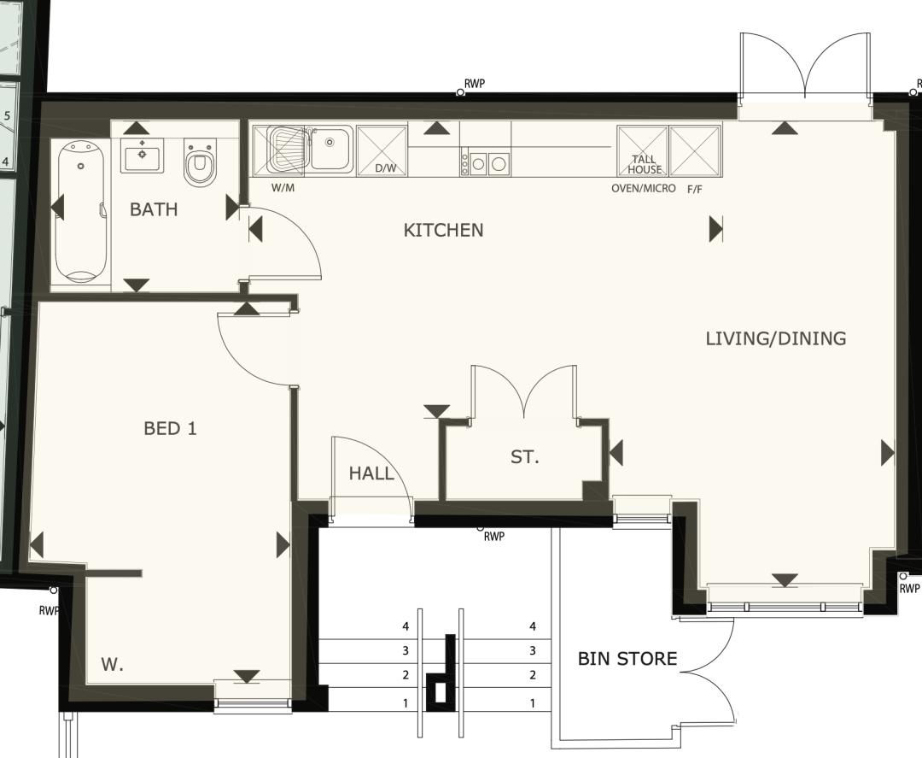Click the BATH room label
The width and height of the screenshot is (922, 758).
pyautogui.click(x=154, y=209)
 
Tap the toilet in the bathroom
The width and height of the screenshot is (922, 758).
pyautogui.click(x=200, y=162)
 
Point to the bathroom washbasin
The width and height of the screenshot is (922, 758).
pyautogui.click(x=142, y=156)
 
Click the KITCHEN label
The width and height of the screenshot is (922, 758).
pyautogui.click(x=443, y=230)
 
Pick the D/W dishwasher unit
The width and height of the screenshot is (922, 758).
pyautogui.click(x=382, y=150)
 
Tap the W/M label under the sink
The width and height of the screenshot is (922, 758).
pyautogui.click(x=283, y=188)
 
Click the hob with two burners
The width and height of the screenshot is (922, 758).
pyautogui.click(x=486, y=163)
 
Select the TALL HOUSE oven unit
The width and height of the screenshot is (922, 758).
pyautogui.click(x=643, y=151)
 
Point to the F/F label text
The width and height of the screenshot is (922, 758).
pyautogui.click(x=694, y=190)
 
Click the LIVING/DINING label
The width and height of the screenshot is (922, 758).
pyautogui.click(x=775, y=338)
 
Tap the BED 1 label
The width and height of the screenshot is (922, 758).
pyautogui.click(x=170, y=428)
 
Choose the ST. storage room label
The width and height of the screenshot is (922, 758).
pyautogui.click(x=524, y=456)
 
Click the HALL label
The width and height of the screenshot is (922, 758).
pyautogui.click(x=371, y=473)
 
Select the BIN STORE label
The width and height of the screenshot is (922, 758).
pyautogui.click(x=627, y=659)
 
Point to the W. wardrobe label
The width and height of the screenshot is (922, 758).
pyautogui.click(x=112, y=665)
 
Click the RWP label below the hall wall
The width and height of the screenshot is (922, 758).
pyautogui.click(x=494, y=537)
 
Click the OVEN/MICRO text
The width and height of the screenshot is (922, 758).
pyautogui.click(x=644, y=189)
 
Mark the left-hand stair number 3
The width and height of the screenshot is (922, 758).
pyautogui.click(x=406, y=651)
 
